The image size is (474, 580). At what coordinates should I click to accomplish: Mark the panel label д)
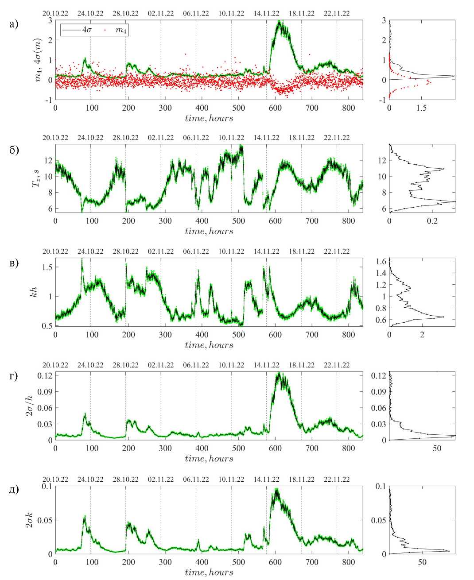pyautogui.click(x=14, y=490)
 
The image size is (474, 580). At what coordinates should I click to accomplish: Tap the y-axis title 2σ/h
pyautogui.click(x=30, y=406)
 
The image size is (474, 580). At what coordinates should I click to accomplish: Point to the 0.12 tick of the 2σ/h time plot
pyautogui.click(x=46, y=375)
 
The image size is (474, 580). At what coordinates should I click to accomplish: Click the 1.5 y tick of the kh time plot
pyautogui.click(x=47, y=267)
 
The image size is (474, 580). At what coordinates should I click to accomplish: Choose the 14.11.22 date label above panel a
pyautogui.click(x=266, y=13)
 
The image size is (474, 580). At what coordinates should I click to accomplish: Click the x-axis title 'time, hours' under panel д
pyautogui.click(x=209, y=572)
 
